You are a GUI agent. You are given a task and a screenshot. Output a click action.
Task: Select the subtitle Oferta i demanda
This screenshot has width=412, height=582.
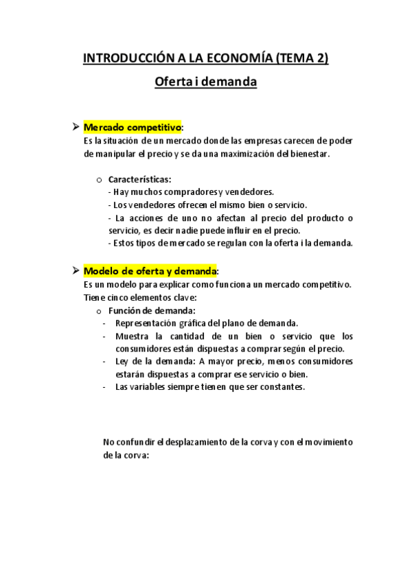tap(206, 82)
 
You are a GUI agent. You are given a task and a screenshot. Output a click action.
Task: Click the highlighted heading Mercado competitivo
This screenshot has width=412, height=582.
tap(133, 128)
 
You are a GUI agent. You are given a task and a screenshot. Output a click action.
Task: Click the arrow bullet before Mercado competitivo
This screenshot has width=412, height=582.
tap(76, 128)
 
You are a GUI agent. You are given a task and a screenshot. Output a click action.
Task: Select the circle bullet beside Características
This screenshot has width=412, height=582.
tap(100, 180)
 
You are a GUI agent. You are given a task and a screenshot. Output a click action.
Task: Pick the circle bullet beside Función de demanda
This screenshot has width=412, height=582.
tap(100, 311)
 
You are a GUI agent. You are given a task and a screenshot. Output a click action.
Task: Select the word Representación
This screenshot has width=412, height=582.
tap(146, 323)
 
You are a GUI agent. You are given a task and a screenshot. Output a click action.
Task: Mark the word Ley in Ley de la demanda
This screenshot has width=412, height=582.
tap(122, 362)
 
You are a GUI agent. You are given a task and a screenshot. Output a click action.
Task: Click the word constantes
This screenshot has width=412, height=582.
tap(279, 387)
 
